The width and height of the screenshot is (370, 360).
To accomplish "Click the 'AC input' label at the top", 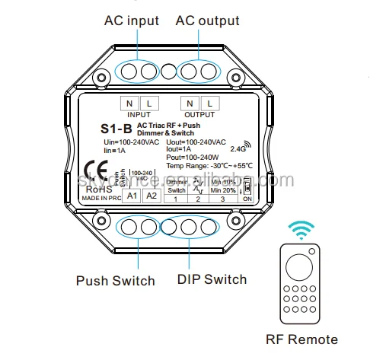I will point(131,21).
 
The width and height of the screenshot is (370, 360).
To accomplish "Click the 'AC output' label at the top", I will point(208,21).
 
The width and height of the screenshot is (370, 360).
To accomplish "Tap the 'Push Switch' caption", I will point(115,280).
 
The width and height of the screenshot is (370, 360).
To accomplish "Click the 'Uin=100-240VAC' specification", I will point(131,142).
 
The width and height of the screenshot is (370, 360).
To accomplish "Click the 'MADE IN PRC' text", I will point(101,198).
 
